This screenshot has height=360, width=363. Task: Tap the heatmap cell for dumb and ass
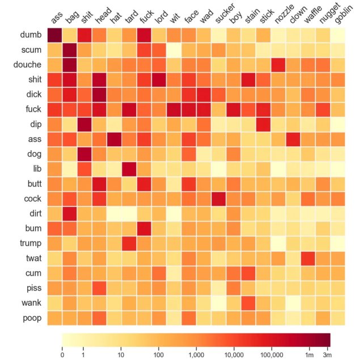pos(54,35)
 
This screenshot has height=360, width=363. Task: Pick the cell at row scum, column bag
pos(70,50)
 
